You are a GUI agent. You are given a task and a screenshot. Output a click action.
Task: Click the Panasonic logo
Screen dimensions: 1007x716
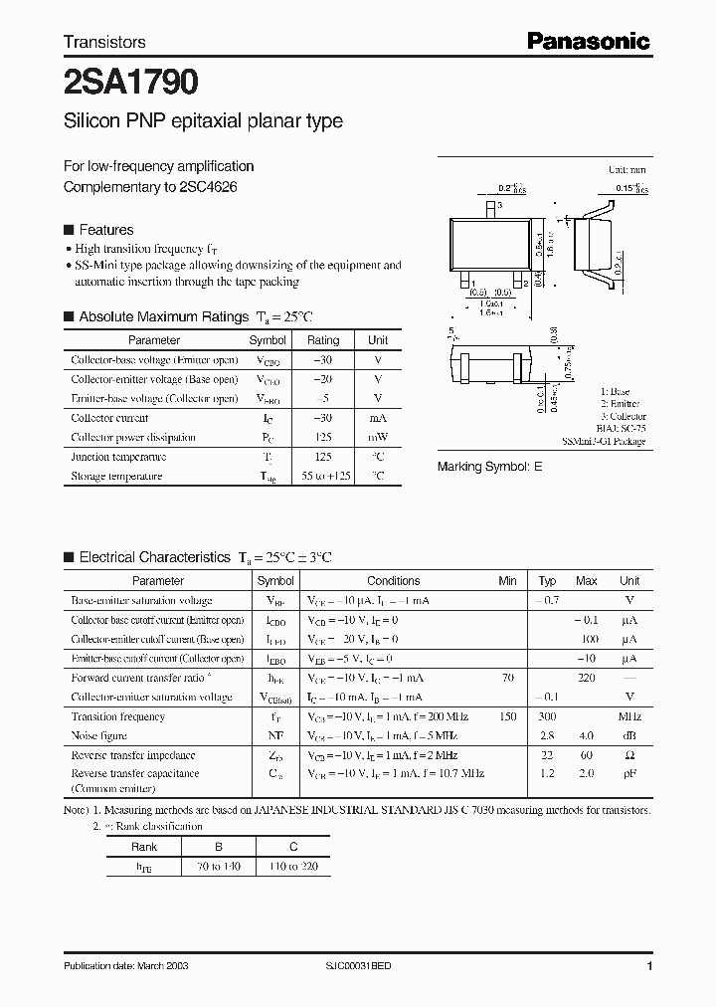[x=588, y=41]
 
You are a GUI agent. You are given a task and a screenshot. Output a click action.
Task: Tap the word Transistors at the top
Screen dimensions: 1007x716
[x=104, y=42]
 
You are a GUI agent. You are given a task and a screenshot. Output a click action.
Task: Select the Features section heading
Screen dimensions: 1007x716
[x=105, y=230]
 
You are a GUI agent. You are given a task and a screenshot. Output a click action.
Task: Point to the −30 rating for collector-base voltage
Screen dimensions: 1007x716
[x=322, y=360]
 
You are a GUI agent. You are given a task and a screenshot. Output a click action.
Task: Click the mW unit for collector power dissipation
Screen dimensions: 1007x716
[x=378, y=438]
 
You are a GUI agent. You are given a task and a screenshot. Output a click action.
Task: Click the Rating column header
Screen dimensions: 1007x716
[x=323, y=340]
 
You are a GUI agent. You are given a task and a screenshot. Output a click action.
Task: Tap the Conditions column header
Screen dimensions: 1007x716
[x=394, y=581]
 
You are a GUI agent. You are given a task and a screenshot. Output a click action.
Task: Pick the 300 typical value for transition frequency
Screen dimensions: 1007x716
[x=547, y=716]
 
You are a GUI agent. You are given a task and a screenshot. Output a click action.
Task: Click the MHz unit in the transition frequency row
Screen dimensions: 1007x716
[x=629, y=716]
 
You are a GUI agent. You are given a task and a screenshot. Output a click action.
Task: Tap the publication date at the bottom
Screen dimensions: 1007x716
[x=126, y=966]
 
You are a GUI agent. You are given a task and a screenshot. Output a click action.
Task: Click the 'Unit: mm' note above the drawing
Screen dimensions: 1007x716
[x=627, y=170]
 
